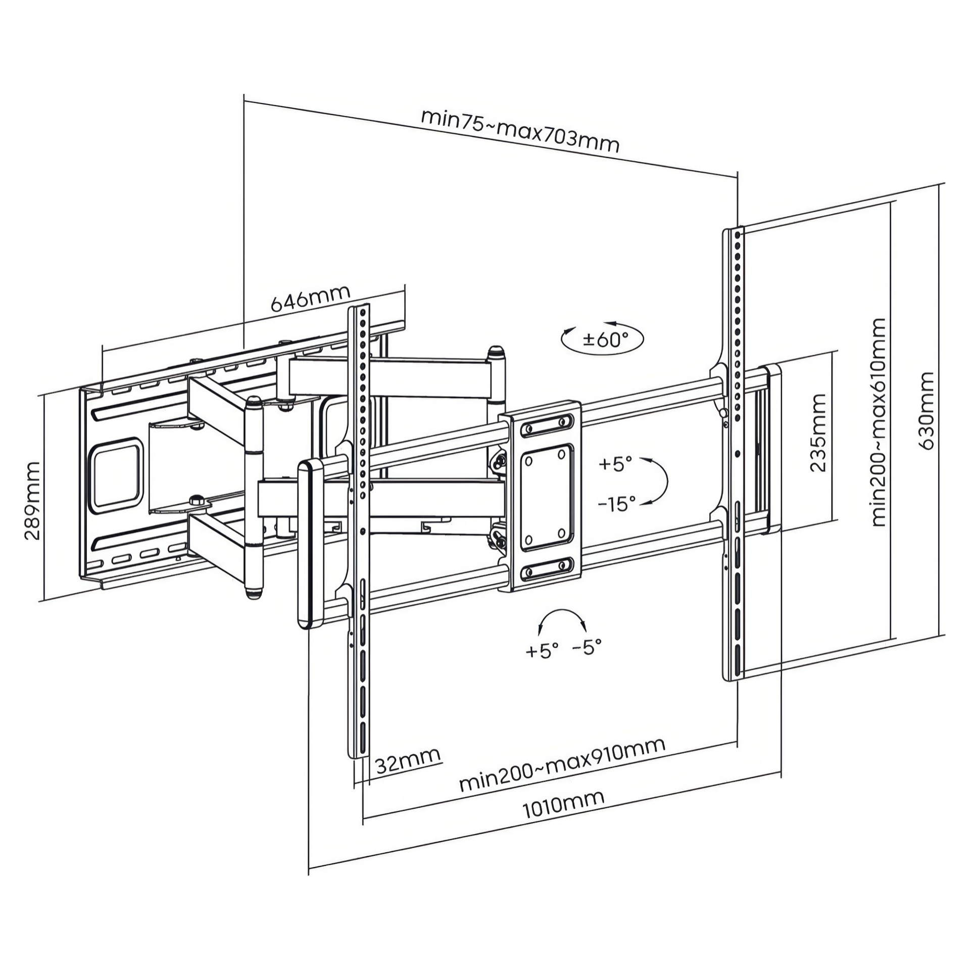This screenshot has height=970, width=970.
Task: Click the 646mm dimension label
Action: pyautogui.click(x=311, y=298)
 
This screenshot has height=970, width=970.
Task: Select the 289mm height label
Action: pyautogui.click(x=33, y=500)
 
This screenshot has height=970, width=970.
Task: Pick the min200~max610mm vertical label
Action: pyautogui.click(x=879, y=422)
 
